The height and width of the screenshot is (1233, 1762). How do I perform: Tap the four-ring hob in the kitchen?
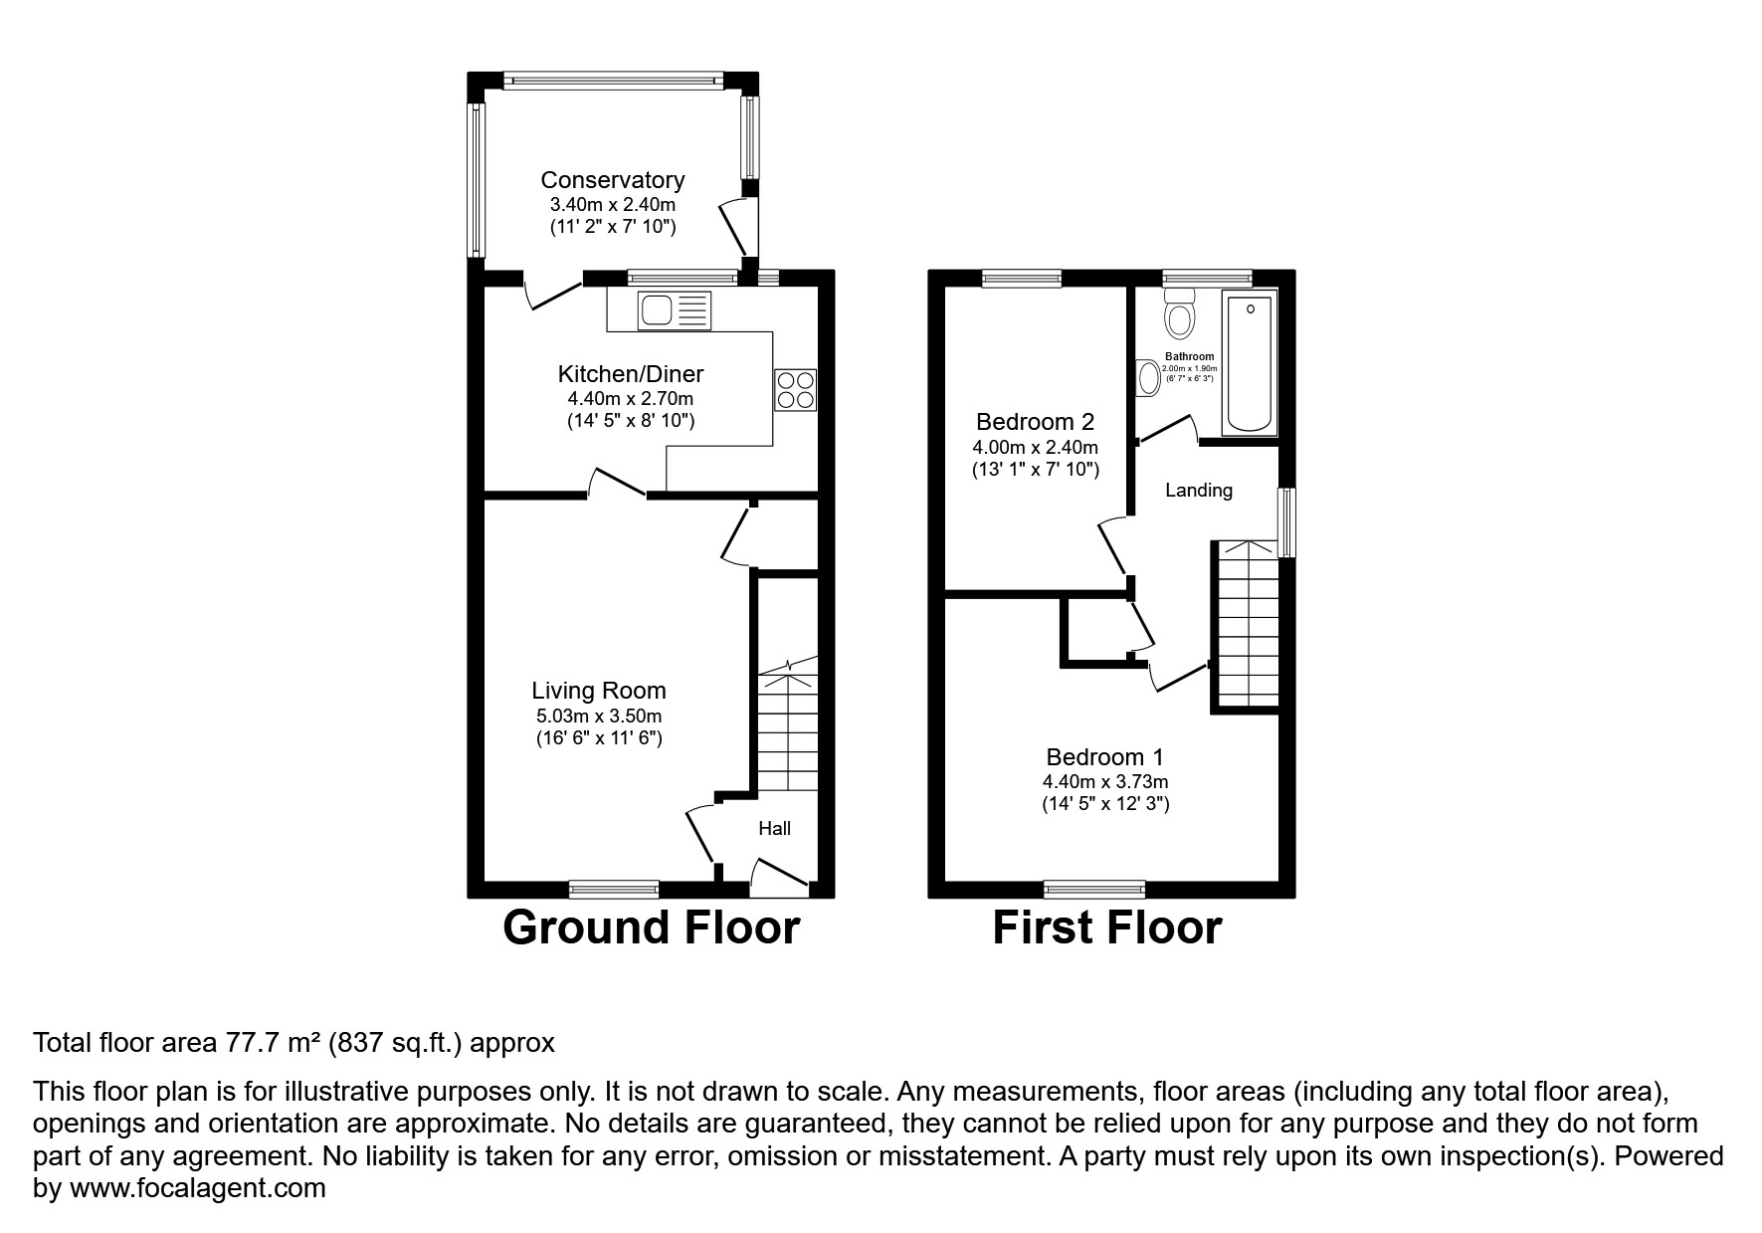coord(795,389)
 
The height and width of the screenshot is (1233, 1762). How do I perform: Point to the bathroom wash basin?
coord(1149,378)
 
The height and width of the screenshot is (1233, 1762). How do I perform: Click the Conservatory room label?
coord(612,180)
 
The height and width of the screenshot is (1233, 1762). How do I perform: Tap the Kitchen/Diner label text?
coord(630,374)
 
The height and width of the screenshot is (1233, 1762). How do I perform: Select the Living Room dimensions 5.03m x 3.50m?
coord(598,716)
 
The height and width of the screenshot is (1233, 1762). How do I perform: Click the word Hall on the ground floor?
coord(774,828)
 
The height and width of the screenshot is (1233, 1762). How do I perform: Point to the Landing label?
coord(1198,490)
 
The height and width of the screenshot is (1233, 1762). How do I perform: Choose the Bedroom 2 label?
coord(1035,421)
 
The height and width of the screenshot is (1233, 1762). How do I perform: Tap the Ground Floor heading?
coord(651,927)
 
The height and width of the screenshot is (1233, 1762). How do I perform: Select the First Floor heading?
coord(1106,927)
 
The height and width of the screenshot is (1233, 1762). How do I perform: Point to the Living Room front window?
coord(614,889)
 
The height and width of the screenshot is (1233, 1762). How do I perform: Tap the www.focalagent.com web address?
coord(196,1188)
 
